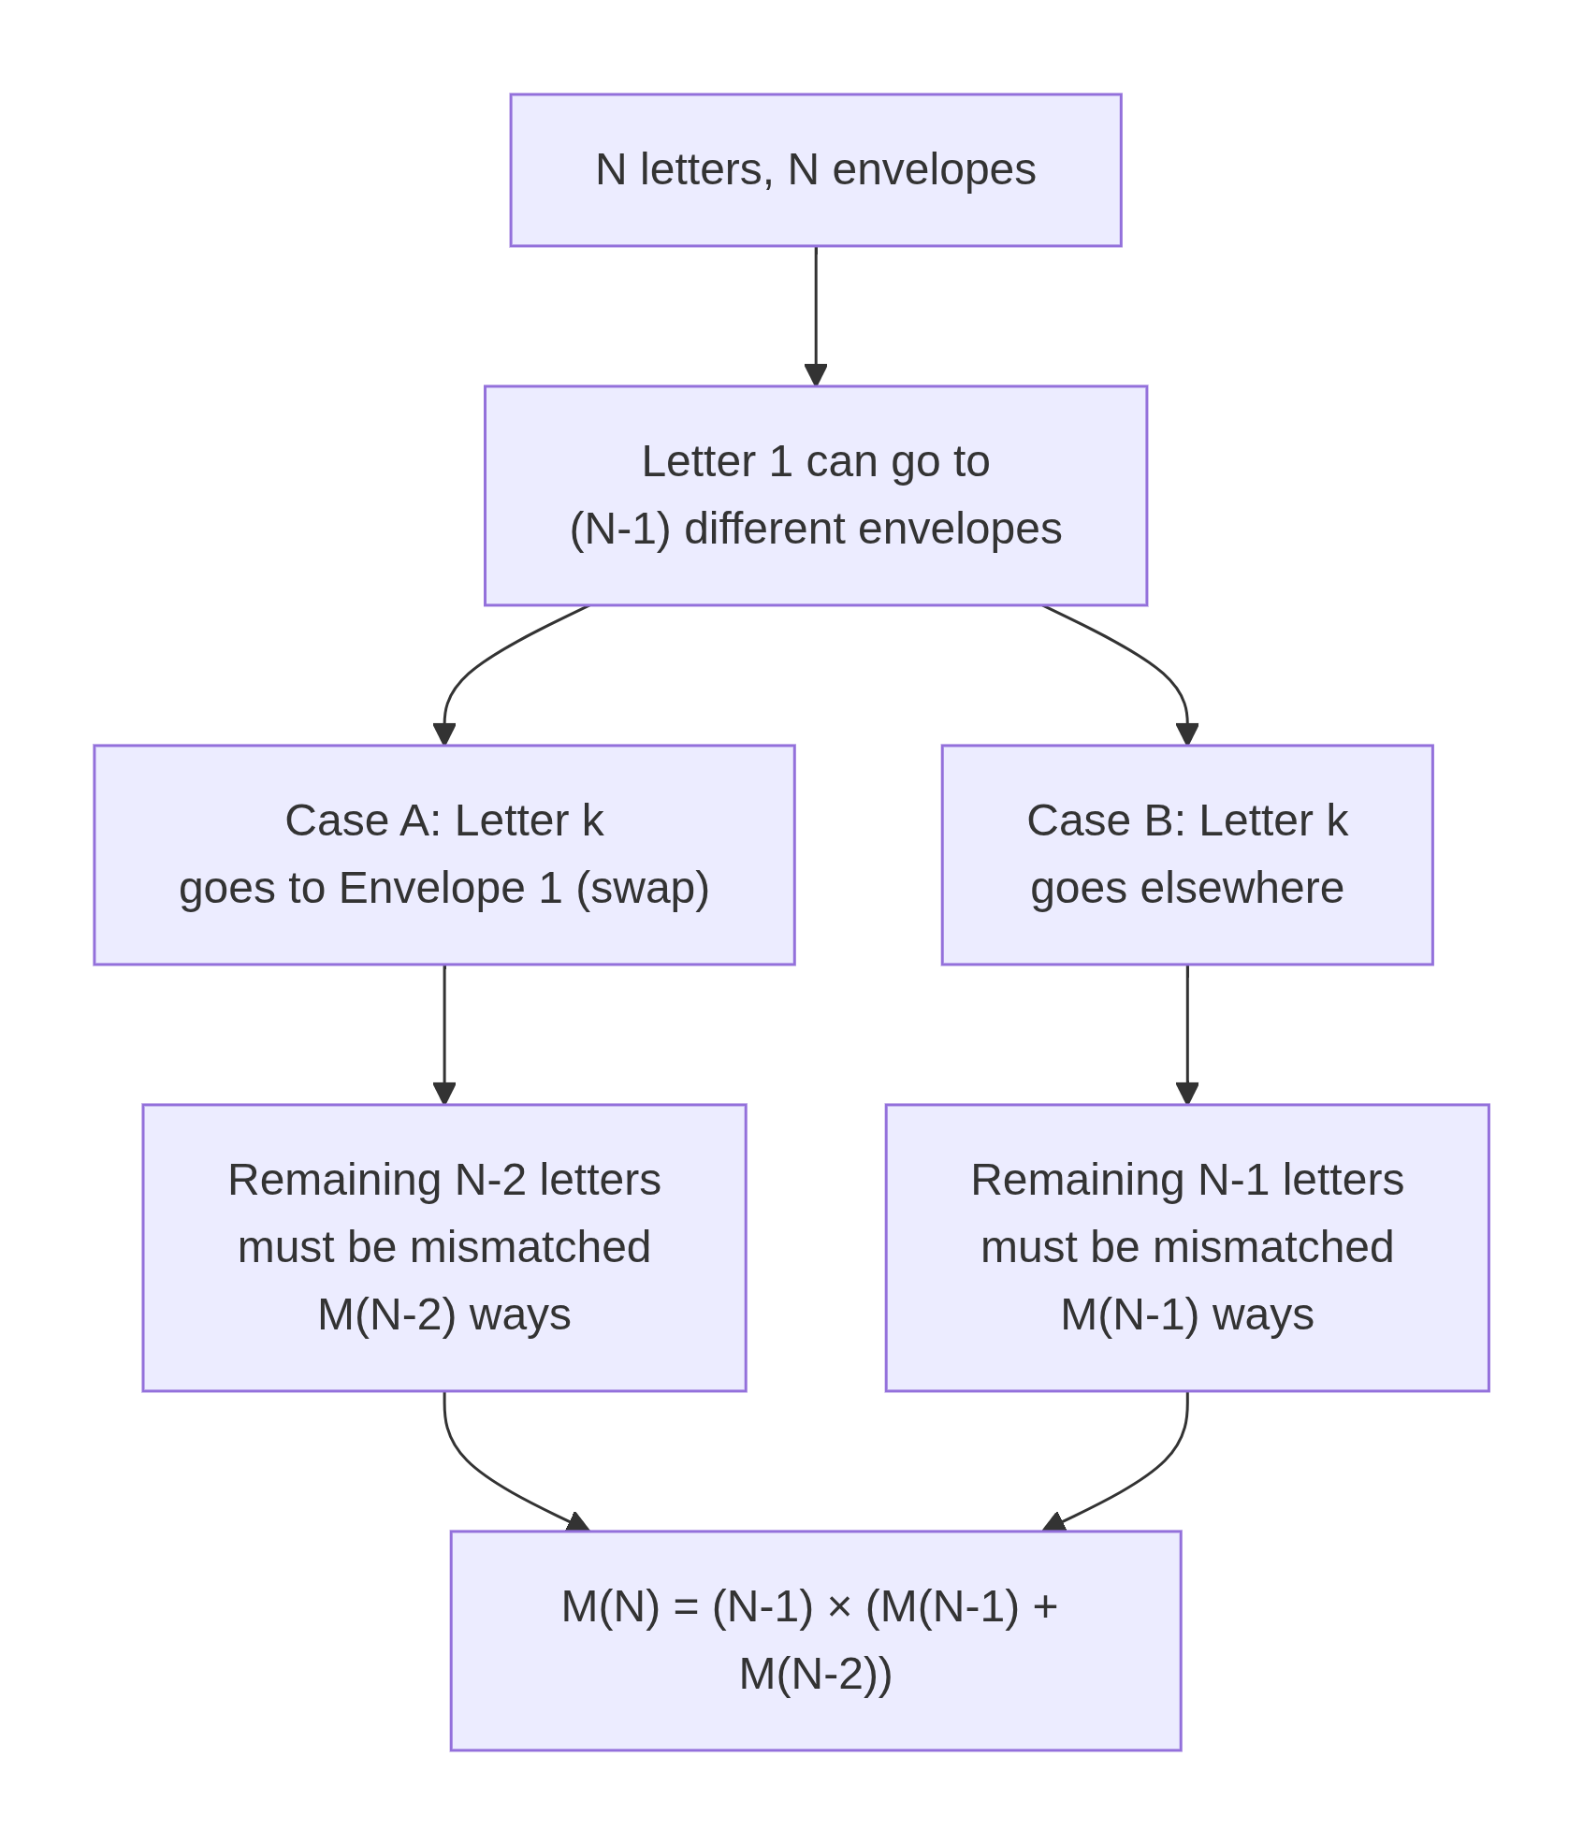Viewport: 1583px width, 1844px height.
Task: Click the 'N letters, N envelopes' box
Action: click(815, 170)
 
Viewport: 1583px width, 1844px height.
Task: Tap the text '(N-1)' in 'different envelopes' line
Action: click(619, 529)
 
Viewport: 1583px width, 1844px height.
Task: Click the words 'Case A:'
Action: click(362, 820)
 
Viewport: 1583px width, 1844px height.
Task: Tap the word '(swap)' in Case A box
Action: click(642, 888)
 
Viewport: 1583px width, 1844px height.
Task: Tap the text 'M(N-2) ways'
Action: click(443, 1314)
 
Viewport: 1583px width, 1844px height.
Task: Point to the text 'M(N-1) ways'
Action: click(1186, 1314)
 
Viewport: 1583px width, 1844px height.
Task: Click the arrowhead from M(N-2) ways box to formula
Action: click(577, 1522)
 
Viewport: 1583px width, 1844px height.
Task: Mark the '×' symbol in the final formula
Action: click(838, 1607)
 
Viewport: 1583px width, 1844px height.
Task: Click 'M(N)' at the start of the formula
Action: click(610, 1607)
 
